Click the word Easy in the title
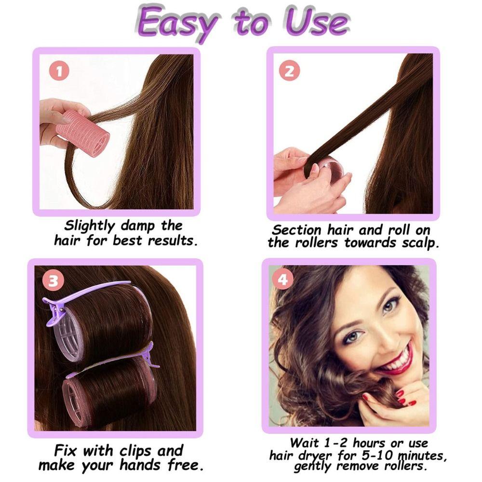click(x=178, y=22)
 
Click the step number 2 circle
click(x=289, y=71)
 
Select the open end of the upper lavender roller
click(x=71, y=333)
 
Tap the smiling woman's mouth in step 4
click(x=398, y=361)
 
